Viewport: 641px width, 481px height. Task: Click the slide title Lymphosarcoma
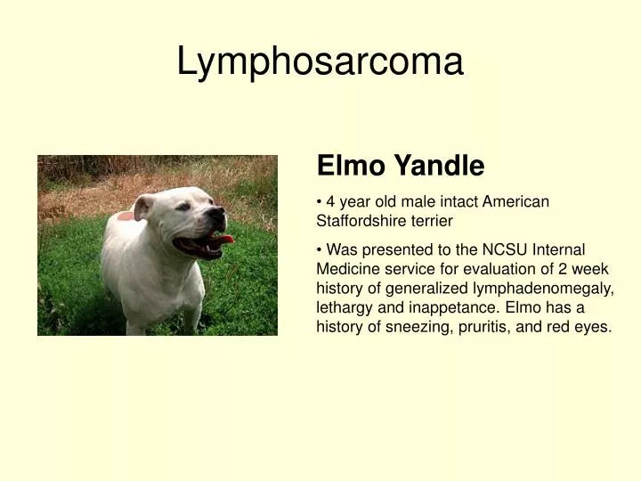(320, 62)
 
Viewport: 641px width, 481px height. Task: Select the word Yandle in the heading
(439, 166)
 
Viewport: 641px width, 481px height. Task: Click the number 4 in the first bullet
(330, 201)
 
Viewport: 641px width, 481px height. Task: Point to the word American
(516, 201)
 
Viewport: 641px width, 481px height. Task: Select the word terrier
(434, 220)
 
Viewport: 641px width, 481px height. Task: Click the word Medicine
(348, 269)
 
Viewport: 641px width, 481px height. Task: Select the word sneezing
(418, 326)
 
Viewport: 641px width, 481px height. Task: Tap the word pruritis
(483, 326)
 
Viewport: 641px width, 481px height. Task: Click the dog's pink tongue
(223, 239)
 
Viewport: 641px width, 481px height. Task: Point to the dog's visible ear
(142, 207)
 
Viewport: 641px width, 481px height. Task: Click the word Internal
(558, 250)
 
